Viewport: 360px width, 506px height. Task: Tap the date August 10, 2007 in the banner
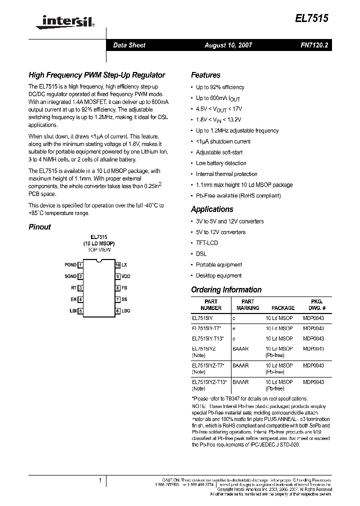pyautogui.click(x=228, y=45)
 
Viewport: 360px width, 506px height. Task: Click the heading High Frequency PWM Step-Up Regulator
pyautogui.click(x=96, y=75)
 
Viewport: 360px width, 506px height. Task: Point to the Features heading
pyautogui.click(x=205, y=75)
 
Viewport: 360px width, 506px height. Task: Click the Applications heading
pyautogui.click(x=212, y=209)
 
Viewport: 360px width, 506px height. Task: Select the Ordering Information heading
pyautogui.click(x=226, y=289)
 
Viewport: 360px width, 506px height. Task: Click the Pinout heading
pyautogui.click(x=39, y=226)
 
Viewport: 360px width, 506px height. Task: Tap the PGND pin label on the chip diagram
pyautogui.click(x=70, y=264)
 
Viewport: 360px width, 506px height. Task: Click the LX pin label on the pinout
pyautogui.click(x=124, y=264)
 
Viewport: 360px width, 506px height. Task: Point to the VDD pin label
pyautogui.click(x=126, y=276)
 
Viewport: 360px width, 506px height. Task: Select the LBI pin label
pyautogui.click(x=72, y=311)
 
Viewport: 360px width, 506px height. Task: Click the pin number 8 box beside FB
pyautogui.click(x=117, y=288)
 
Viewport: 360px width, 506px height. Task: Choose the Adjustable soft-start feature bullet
pyautogui.click(x=219, y=152)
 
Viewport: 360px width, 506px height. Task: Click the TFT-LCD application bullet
pyautogui.click(x=206, y=243)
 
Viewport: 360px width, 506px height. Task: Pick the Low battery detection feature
pyautogui.click(x=221, y=163)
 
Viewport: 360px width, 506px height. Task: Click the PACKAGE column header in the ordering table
pyautogui.click(x=283, y=308)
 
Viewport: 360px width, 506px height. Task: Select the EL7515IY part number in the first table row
pyautogui.click(x=202, y=317)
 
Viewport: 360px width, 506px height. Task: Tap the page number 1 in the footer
pyautogui.click(x=100, y=480)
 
